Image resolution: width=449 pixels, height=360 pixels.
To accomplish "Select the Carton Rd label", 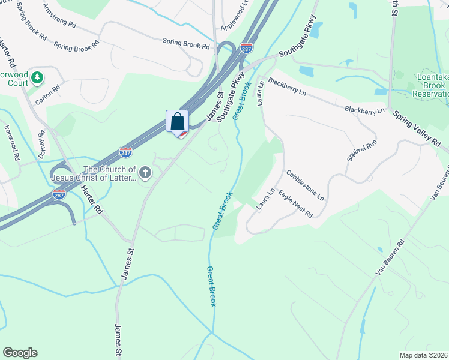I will coord(48,95).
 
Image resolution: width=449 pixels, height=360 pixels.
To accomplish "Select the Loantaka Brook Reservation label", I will coord(433,86).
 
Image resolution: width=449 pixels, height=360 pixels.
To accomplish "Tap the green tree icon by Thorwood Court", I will coord(37,77).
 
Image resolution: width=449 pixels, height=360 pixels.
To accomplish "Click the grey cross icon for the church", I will coord(145,173).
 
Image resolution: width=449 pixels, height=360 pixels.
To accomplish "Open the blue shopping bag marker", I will coord(178,122).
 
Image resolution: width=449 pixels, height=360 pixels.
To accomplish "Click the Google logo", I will coord(20,353).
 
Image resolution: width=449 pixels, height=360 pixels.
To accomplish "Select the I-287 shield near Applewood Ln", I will coord(246,47).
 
